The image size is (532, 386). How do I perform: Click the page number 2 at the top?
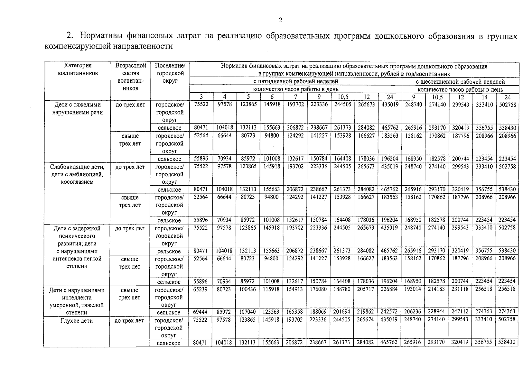[x=280, y=20]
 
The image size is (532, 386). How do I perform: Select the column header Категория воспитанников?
[x=78, y=69]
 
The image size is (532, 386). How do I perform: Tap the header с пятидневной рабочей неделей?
[x=295, y=81]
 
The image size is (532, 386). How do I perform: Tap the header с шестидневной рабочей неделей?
[x=460, y=82]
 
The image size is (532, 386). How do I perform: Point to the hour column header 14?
[x=484, y=97]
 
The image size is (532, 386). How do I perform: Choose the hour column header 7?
[x=295, y=97]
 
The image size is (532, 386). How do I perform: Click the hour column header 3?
[x=201, y=97]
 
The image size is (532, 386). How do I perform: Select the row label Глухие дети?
[x=77, y=321]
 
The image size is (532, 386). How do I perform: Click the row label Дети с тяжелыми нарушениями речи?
[x=77, y=108]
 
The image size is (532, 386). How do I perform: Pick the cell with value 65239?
[x=201, y=289]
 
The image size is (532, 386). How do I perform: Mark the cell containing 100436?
[x=248, y=289]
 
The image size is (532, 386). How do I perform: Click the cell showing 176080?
[x=319, y=289]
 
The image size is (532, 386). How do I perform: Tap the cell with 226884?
[x=389, y=289]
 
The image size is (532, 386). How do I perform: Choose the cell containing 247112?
[x=461, y=312]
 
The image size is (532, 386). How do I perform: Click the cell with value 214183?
[x=437, y=289]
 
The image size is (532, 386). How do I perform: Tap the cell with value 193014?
[x=413, y=289]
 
